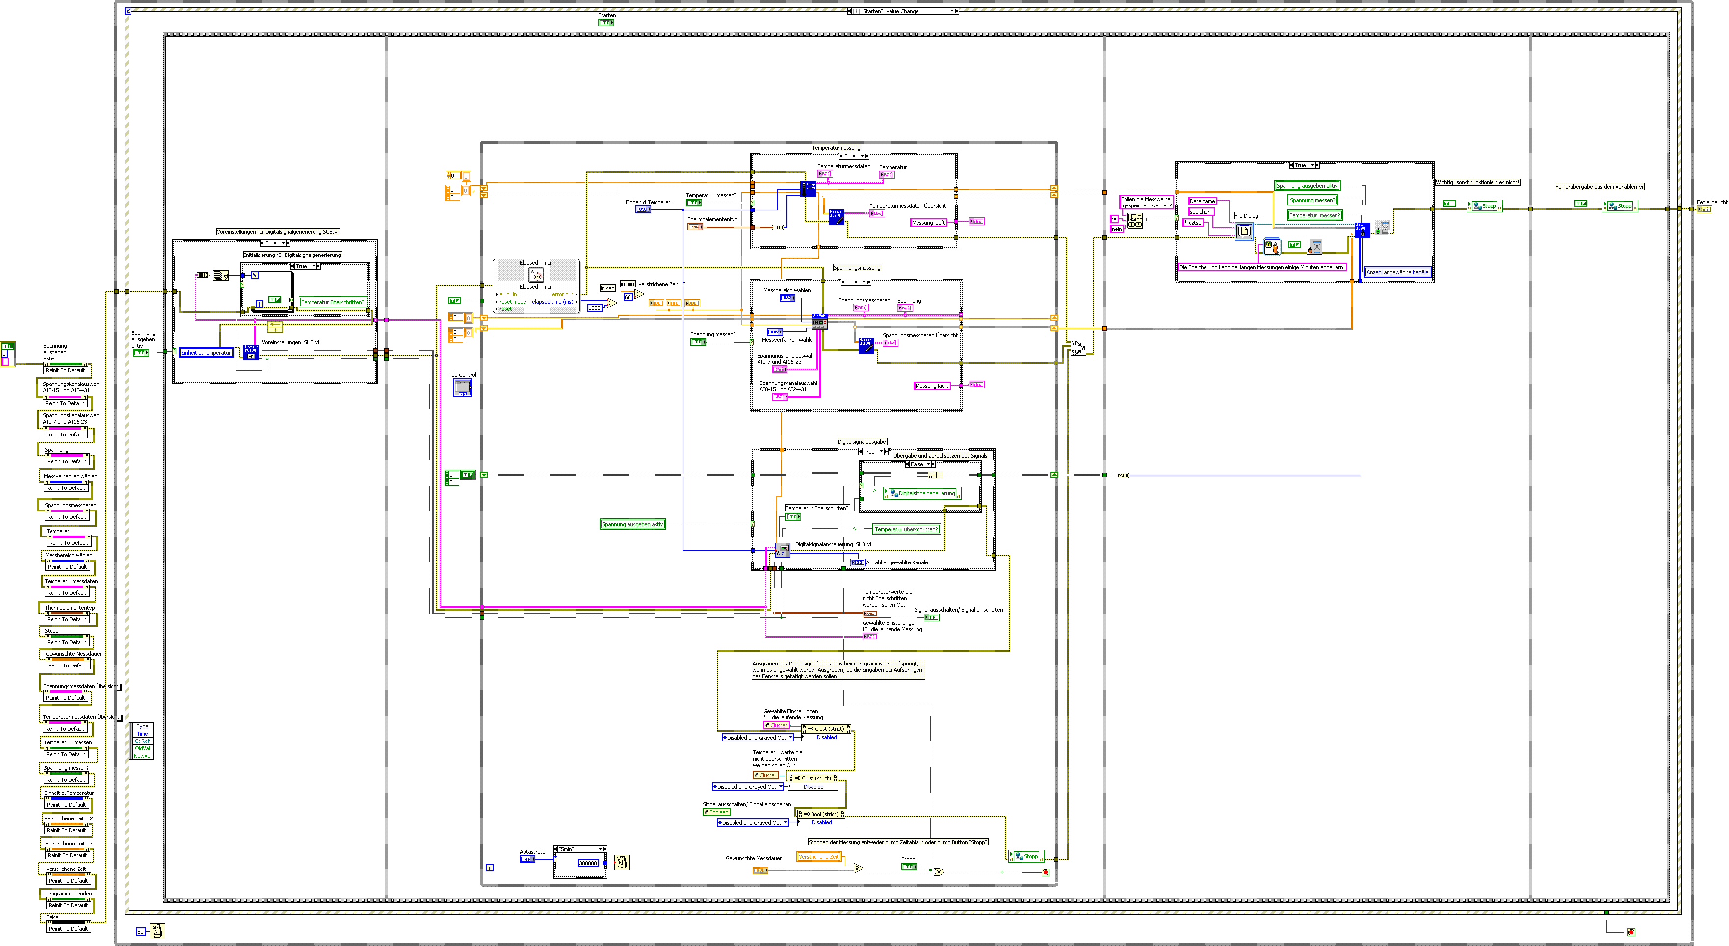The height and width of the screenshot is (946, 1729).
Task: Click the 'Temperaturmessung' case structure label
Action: click(836, 148)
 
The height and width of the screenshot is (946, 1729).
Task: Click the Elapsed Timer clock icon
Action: click(536, 275)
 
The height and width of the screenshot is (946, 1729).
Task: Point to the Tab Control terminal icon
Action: click(463, 387)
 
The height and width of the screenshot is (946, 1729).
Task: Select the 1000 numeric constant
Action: click(595, 308)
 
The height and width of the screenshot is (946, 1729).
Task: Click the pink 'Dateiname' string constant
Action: click(1202, 201)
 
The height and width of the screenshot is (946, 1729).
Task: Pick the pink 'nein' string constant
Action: click(1116, 230)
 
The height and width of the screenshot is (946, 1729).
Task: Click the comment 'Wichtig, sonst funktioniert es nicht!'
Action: click(1477, 182)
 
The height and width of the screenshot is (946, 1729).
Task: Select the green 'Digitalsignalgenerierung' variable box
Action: click(924, 494)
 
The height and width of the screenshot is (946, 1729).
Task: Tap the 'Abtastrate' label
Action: click(532, 852)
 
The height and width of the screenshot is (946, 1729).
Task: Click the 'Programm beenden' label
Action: click(69, 894)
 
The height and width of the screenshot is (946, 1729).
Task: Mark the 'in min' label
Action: click(628, 284)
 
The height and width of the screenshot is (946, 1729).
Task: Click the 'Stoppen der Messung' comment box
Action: click(897, 842)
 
